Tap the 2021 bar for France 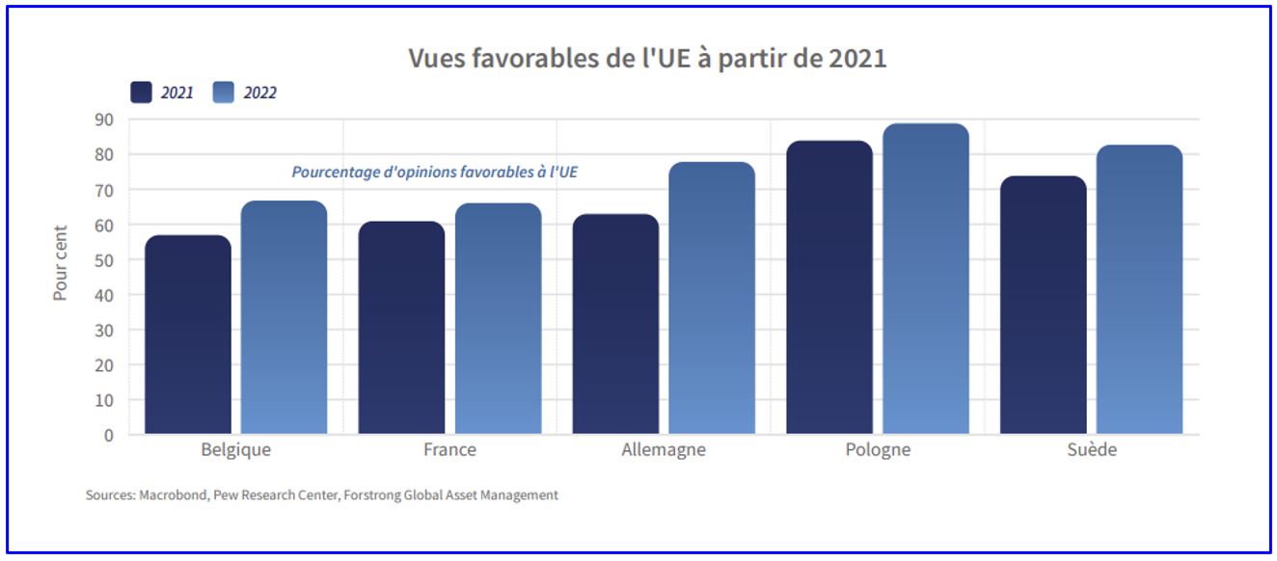coord(401,329)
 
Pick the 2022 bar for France coord(498,319)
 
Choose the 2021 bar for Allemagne coord(615,325)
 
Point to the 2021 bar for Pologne coord(829,288)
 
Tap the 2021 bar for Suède coord(1043,306)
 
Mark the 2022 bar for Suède coord(1139,290)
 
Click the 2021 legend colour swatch coord(142,93)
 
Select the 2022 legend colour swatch coord(225,93)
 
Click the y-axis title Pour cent coord(61,262)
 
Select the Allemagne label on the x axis coord(664,450)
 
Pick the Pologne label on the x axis coord(877,450)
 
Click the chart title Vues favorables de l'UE coord(647,58)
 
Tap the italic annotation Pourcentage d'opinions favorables coord(435,173)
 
